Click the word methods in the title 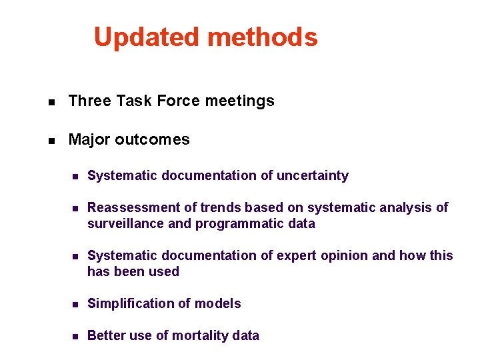pos(263,37)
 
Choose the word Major pos(89,140)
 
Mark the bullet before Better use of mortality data pos(76,337)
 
